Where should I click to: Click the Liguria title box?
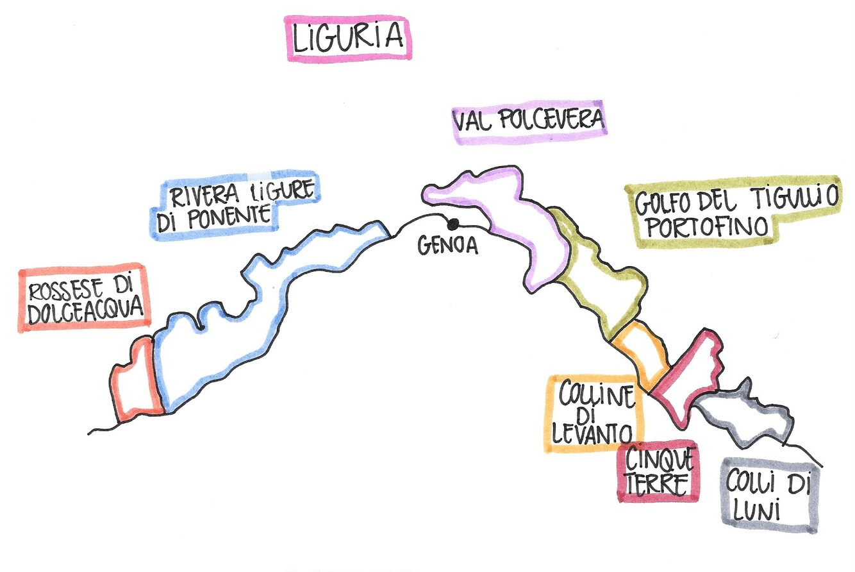pyautogui.click(x=348, y=38)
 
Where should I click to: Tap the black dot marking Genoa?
pyautogui.click(x=453, y=224)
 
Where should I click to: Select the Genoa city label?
pyautogui.click(x=448, y=246)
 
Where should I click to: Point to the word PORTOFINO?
pyautogui.click(x=703, y=227)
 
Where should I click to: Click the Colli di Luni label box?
pyautogui.click(x=768, y=494)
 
